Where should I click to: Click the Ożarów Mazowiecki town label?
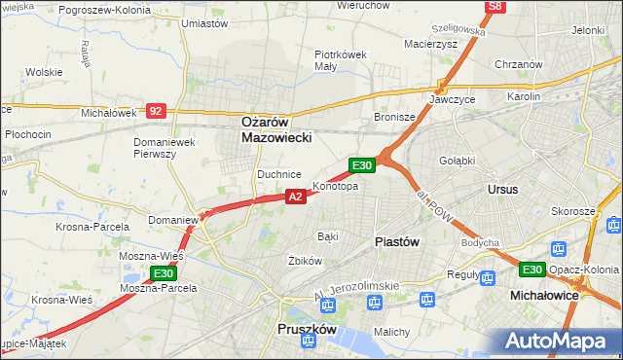click(x=276, y=130)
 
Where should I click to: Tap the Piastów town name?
click(x=397, y=241)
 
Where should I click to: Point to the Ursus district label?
click(x=502, y=189)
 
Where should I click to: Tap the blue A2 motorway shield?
click(x=297, y=197)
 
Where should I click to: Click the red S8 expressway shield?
click(x=495, y=7)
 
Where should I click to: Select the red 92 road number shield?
click(x=156, y=111)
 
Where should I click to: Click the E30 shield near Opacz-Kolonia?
click(x=531, y=270)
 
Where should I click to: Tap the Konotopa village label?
click(x=336, y=186)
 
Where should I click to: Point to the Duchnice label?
click(x=276, y=173)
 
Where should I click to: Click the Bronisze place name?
click(x=395, y=117)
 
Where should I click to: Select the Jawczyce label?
click(x=451, y=99)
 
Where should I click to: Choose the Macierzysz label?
click(x=431, y=44)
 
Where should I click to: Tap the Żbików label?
click(x=305, y=261)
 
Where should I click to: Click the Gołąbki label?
click(x=457, y=161)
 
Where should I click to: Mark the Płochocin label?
click(x=27, y=133)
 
